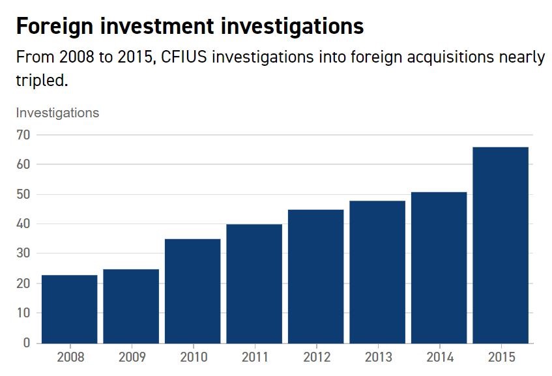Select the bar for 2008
point(69,309)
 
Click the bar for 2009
point(131,306)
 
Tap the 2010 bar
point(193,291)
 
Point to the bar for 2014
point(439,267)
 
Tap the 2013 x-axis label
point(377,357)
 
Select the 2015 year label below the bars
point(501,357)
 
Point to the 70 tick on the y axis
point(23,135)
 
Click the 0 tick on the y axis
point(27,343)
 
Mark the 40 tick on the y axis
point(23,224)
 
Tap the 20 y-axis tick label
point(23,283)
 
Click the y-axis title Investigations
point(57,113)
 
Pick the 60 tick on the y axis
point(23,165)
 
